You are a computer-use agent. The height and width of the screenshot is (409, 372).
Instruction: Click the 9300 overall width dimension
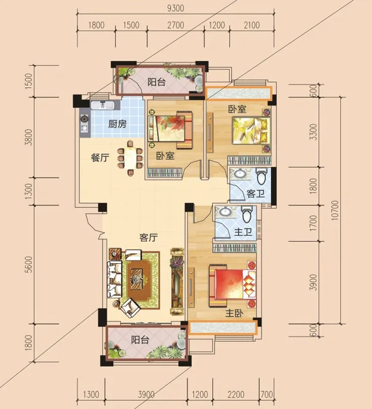tap(176, 8)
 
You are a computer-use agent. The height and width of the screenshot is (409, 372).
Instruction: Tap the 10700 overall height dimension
tap(335, 210)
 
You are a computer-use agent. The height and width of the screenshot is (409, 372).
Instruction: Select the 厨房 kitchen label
tap(117, 124)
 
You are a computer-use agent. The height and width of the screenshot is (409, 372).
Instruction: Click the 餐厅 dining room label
tap(100, 157)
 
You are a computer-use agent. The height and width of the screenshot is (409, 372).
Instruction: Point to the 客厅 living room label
tap(148, 237)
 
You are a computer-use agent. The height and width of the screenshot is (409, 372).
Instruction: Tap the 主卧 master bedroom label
tap(234, 313)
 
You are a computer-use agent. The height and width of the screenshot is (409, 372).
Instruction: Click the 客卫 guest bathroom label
tap(255, 194)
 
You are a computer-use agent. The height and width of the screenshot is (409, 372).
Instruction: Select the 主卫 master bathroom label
tap(243, 232)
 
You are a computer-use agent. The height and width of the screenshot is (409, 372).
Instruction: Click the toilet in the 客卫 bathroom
tap(261, 176)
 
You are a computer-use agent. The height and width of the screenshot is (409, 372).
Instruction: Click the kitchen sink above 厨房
tap(102, 105)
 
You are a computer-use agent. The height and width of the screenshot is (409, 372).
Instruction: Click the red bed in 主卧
tap(233, 284)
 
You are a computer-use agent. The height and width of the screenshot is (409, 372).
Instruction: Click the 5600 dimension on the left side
tap(29, 264)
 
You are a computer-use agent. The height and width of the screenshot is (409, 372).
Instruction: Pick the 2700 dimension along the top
tap(176, 25)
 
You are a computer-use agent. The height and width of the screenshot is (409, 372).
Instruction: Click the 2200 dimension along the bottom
tap(236, 394)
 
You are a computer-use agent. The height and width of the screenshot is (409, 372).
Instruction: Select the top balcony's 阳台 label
tap(157, 82)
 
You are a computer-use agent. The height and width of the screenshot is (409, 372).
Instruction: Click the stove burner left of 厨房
tap(84, 119)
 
